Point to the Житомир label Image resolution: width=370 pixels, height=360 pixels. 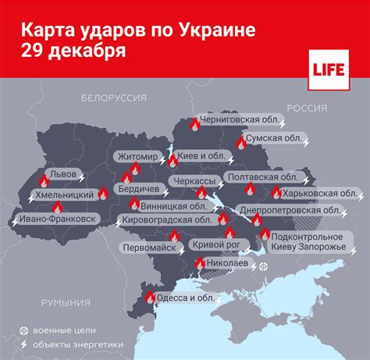(137, 155)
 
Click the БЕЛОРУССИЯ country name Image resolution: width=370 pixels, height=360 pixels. (114, 98)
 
